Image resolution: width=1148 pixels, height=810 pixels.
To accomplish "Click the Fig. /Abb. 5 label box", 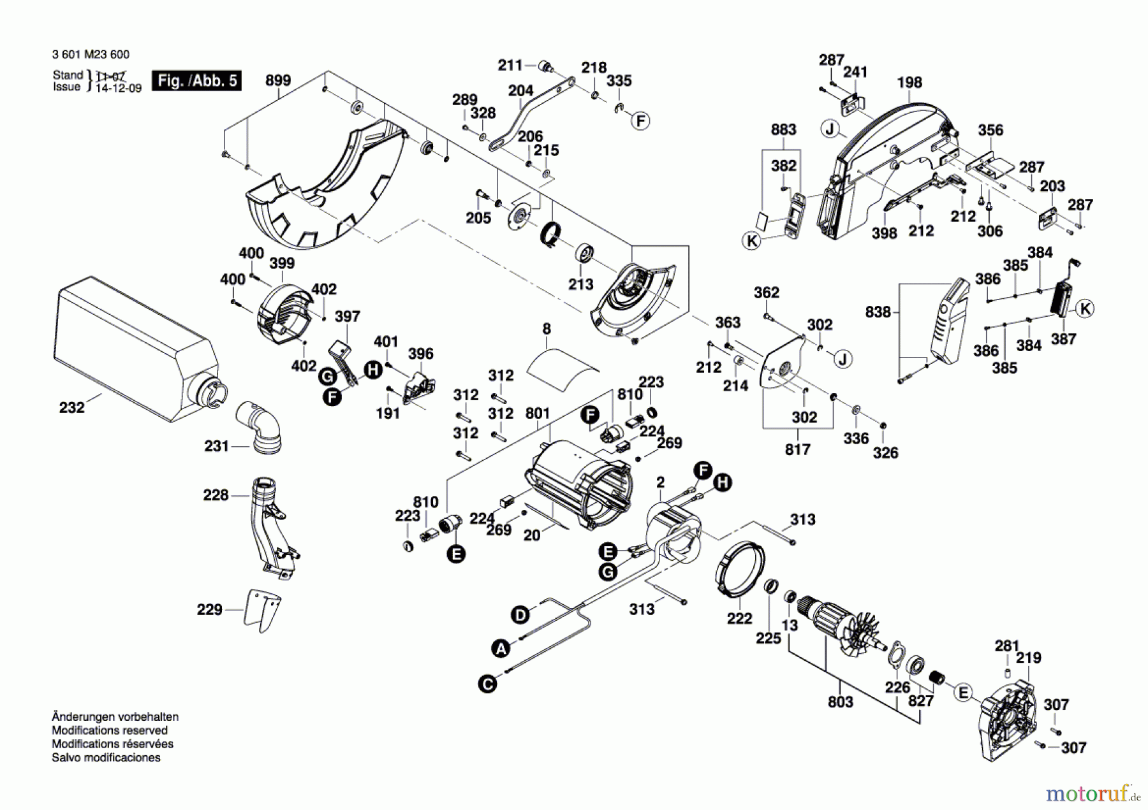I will (x=196, y=81).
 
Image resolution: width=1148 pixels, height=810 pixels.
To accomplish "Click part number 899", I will (x=277, y=80).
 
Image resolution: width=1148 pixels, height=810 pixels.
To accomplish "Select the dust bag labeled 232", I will (x=134, y=351).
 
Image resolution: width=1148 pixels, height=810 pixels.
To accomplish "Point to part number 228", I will (x=215, y=495).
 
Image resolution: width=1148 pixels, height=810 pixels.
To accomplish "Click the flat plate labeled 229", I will (x=262, y=609).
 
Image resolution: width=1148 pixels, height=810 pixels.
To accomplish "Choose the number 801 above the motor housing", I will (x=537, y=414).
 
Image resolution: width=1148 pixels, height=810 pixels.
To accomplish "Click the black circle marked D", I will (x=520, y=615).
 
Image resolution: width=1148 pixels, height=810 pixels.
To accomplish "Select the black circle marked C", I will (x=487, y=684).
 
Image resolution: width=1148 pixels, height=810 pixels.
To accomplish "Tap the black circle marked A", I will (x=501, y=649).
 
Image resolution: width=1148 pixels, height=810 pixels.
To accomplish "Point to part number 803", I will (x=840, y=702).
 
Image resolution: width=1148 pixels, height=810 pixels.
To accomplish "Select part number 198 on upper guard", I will (x=909, y=82).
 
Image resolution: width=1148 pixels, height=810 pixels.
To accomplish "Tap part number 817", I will (x=797, y=449).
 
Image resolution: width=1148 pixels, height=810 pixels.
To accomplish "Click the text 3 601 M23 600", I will (x=91, y=55).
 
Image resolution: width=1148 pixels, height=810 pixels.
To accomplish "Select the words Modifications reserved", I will (x=109, y=730).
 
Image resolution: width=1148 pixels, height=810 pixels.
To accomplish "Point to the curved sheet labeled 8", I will (x=561, y=368).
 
